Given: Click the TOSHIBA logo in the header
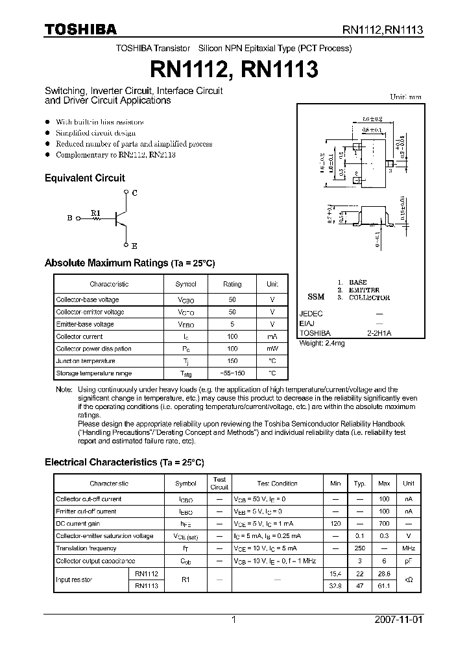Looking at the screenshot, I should [80, 29].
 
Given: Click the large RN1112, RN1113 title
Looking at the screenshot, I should [233, 67].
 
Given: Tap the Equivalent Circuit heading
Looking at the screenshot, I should [84, 178].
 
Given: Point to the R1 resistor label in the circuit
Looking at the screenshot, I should [95, 212].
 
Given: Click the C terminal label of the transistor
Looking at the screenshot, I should [134, 193].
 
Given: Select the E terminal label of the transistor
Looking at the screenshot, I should [134, 246].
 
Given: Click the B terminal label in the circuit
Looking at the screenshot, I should [69, 218].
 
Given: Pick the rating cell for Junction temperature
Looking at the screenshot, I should [232, 361].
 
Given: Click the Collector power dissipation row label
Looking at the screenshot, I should [93, 349].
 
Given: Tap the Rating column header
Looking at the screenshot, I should [232, 284].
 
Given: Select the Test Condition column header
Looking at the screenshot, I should [277, 484].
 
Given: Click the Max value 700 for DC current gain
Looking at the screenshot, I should [384, 524].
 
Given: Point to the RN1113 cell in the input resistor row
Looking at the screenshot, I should [147, 585].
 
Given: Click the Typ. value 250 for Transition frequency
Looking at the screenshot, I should [359, 548].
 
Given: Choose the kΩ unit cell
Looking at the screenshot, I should [409, 580].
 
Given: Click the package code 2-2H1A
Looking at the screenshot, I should [379, 333].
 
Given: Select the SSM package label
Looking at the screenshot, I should [315, 297].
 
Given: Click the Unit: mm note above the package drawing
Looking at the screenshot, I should [405, 97].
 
